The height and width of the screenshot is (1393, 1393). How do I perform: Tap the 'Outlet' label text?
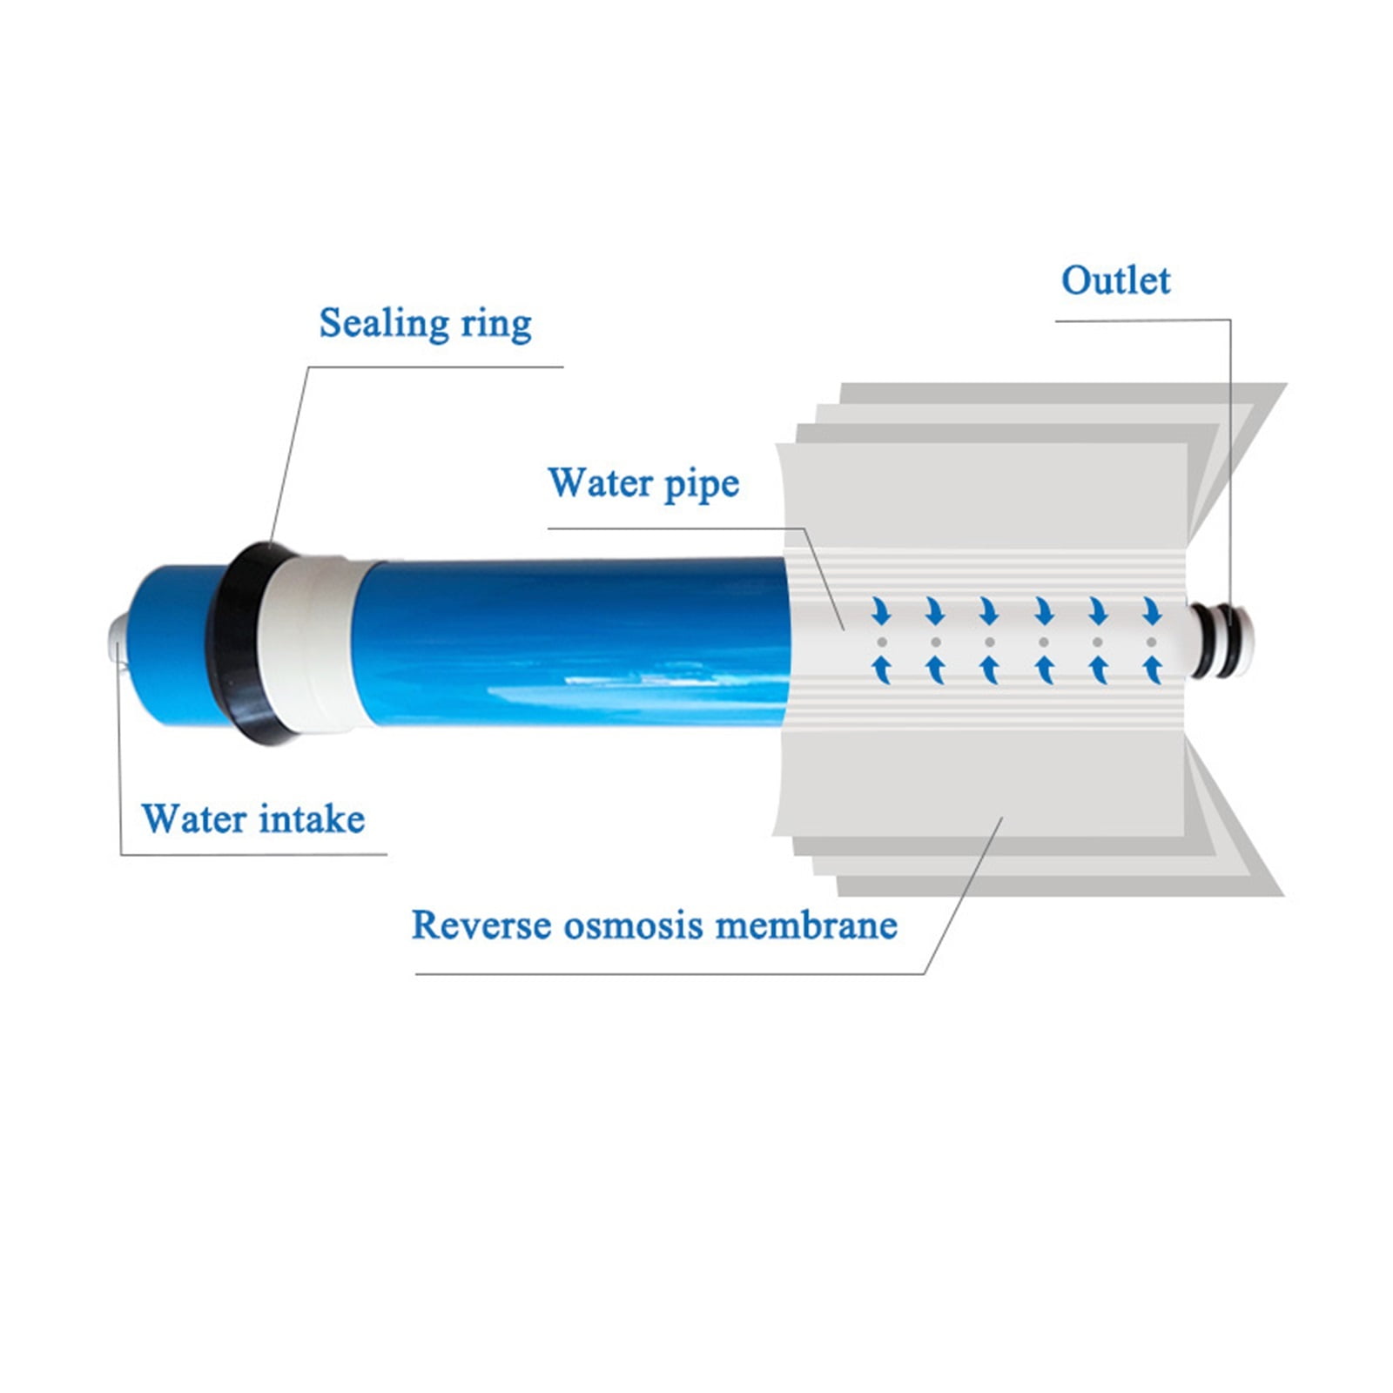(x=1115, y=280)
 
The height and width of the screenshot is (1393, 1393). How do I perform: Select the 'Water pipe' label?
(x=643, y=484)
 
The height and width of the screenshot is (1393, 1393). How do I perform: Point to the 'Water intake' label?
(x=252, y=819)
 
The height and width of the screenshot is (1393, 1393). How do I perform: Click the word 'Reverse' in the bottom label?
(x=481, y=925)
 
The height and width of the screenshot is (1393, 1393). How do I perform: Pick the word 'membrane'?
(x=806, y=925)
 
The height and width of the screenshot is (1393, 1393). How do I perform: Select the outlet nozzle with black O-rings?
(x=1221, y=641)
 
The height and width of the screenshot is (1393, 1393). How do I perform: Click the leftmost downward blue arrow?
(x=882, y=611)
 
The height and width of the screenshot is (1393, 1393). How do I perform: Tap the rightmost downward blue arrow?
(x=1152, y=611)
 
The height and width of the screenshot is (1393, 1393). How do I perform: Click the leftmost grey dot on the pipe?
(x=882, y=642)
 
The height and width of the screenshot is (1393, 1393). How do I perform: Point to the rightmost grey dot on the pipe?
(x=1152, y=642)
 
